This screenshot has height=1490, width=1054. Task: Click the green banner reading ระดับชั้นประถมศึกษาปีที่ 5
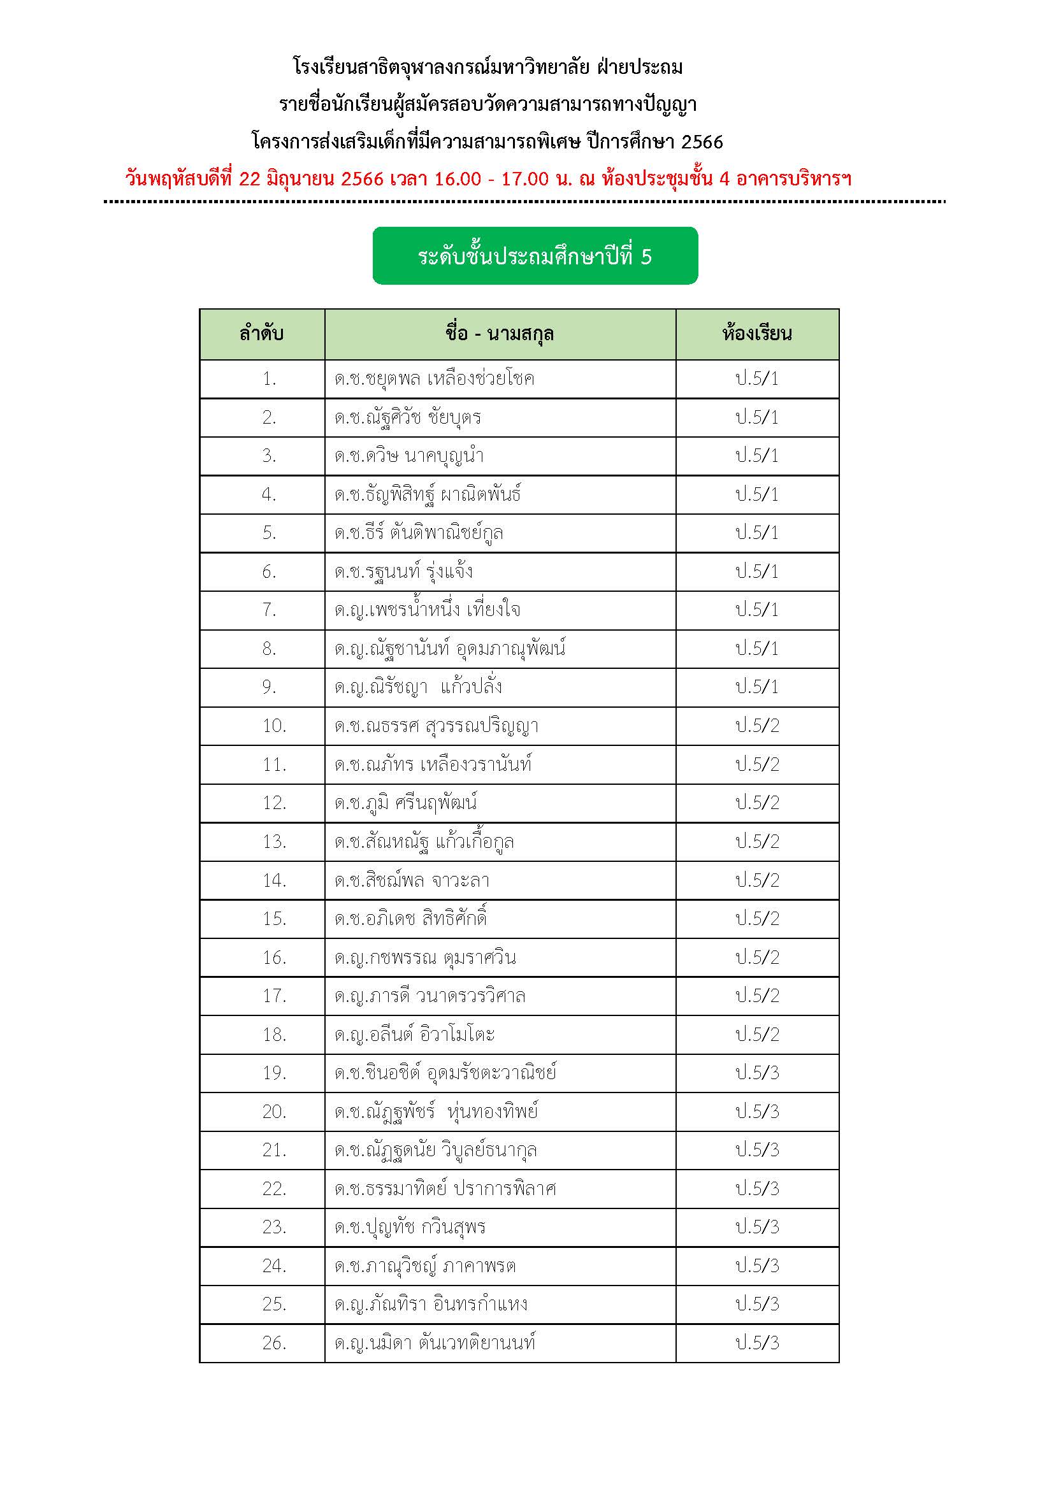(535, 255)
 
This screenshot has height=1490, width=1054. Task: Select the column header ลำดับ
(261, 334)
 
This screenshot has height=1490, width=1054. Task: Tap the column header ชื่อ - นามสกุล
(500, 334)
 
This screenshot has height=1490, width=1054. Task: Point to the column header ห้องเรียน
(757, 334)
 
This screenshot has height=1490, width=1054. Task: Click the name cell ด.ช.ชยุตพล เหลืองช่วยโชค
(434, 378)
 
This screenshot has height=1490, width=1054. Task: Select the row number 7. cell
(269, 610)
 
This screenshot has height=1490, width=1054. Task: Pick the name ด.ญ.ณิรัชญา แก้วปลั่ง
(418, 687)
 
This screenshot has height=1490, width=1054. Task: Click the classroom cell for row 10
(757, 725)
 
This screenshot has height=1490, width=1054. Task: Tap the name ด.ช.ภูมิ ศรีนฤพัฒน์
(406, 803)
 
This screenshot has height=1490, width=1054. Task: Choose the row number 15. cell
(274, 919)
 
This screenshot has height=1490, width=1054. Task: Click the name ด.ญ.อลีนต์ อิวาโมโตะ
(415, 1034)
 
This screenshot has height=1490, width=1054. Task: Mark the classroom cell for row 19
(757, 1073)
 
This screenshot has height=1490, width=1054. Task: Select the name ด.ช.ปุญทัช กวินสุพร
(410, 1226)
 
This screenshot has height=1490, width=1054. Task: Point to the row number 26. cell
(274, 1342)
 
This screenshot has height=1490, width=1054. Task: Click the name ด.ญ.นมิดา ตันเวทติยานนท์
(435, 1342)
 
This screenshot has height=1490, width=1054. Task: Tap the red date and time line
(488, 178)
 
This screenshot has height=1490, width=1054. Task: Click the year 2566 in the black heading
(702, 141)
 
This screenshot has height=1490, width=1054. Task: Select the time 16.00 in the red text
(458, 178)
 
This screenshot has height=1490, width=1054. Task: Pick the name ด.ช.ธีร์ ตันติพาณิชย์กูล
(419, 533)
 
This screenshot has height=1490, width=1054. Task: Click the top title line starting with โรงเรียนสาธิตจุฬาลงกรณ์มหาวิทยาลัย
(488, 67)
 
